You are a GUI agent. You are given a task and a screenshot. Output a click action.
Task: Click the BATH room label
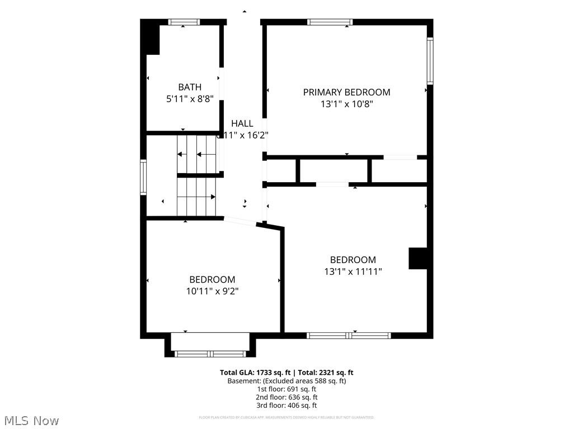190,87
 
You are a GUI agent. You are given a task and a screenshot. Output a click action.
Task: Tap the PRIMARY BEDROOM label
346,92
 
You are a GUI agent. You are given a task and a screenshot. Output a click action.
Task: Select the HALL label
242,123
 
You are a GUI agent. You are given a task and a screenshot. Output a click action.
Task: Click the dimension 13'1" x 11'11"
353,271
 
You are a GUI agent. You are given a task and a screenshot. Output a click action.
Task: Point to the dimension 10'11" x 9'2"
212,291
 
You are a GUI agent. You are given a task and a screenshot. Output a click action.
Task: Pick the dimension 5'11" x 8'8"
190,99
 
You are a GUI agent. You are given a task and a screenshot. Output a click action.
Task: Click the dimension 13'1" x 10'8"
346,104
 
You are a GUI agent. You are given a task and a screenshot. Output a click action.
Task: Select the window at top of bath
185,22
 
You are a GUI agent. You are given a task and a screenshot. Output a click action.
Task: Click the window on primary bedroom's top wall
330,22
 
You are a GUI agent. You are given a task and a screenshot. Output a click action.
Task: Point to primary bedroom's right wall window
430,61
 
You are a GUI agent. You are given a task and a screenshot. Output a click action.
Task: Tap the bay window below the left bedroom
210,353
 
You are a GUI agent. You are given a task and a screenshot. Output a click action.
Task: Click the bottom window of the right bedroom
349,335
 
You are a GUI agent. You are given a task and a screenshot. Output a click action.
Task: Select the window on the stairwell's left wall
143,178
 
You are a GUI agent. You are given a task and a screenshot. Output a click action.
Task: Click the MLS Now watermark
31,420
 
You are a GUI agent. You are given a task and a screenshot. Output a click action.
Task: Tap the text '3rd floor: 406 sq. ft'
286,406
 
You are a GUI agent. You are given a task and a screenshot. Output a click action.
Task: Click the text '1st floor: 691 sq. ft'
286,389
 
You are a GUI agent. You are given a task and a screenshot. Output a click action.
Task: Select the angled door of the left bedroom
240,221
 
